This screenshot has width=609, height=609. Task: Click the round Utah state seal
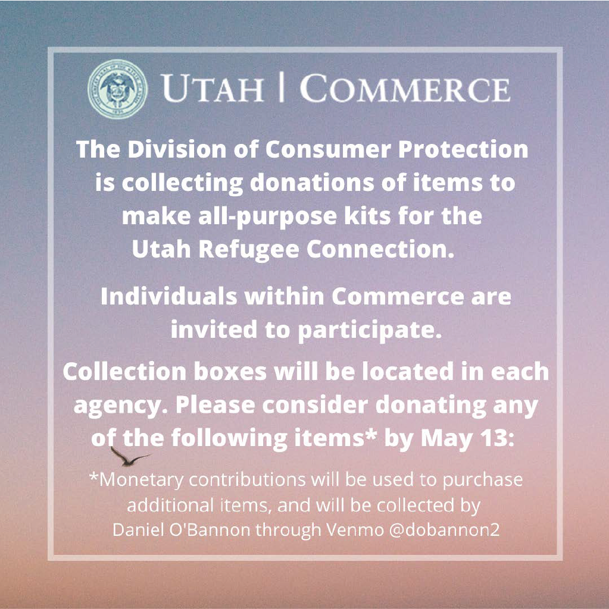click(117, 89)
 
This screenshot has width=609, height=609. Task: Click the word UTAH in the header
click(213, 89)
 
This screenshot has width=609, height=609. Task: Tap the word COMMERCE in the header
click(405, 88)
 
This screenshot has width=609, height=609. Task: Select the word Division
click(177, 149)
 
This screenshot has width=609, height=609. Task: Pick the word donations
click(312, 183)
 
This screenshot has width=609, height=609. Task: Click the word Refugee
click(249, 250)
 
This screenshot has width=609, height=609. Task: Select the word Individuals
click(169, 297)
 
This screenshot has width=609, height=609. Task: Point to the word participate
click(370, 331)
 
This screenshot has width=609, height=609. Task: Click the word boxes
click(230, 372)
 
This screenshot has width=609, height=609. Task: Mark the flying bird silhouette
click(129, 457)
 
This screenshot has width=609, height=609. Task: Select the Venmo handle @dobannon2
click(444, 530)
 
